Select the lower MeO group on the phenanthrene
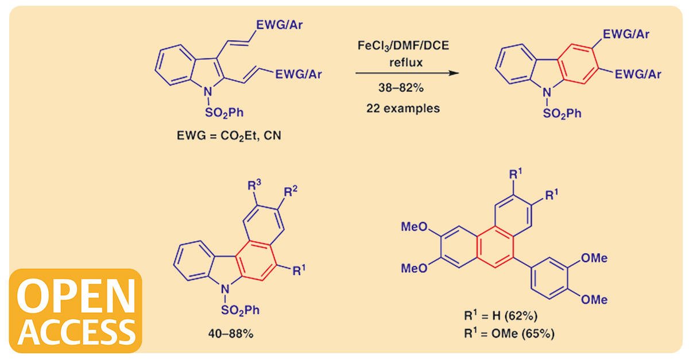(x=414, y=267)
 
